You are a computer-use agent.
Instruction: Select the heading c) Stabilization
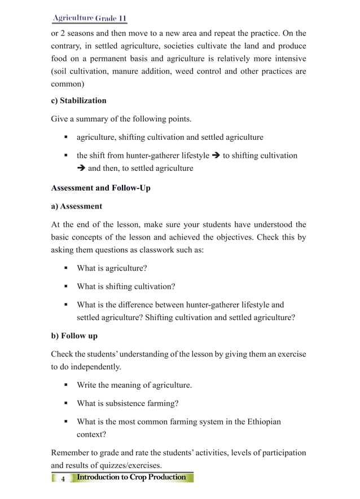point(78,100)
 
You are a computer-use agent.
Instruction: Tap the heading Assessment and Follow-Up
point(100,188)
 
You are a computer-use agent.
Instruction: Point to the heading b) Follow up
point(74,335)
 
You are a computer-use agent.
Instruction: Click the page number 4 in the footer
point(63,478)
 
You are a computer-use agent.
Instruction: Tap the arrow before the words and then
point(81,168)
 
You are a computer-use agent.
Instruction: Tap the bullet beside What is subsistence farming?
point(65,404)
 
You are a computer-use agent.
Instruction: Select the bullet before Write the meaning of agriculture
point(65,386)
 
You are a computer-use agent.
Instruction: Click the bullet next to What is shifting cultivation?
point(65,286)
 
